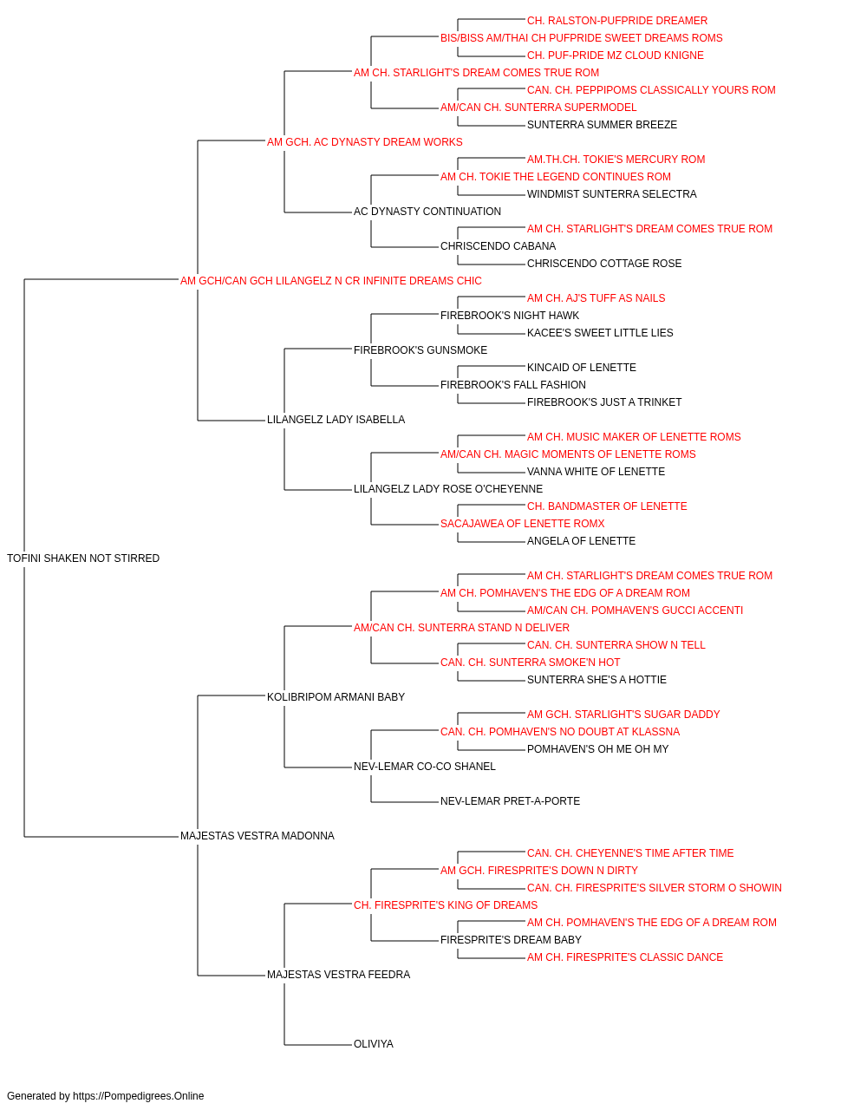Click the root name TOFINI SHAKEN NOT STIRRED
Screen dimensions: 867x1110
coord(83,558)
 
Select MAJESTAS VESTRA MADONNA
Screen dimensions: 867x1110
coord(257,836)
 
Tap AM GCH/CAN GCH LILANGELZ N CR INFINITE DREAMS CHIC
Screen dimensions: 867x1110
coord(331,281)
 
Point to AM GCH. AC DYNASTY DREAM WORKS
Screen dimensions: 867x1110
coord(364,142)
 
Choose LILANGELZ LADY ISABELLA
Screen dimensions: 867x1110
coord(336,420)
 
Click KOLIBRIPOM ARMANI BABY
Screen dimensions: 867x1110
coord(336,697)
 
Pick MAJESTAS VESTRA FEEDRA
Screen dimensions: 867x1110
coord(338,975)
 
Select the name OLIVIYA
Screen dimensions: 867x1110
coord(374,1044)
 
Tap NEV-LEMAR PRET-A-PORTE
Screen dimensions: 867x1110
coord(510,801)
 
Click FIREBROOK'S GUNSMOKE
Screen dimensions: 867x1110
coord(420,349)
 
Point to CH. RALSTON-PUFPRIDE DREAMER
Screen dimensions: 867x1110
coord(617,21)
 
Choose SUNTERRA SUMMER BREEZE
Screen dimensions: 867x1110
coord(602,125)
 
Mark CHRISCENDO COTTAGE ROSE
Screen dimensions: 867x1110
coord(604,264)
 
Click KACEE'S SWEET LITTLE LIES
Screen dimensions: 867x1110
coord(600,333)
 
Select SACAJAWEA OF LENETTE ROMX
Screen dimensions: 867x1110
coord(522,524)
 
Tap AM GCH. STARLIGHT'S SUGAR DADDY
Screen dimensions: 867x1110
coord(623,715)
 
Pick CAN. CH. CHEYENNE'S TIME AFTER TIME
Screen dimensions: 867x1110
coord(630,853)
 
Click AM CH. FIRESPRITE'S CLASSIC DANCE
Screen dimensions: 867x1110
coord(625,957)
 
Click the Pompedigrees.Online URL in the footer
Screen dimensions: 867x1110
coord(139,1096)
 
